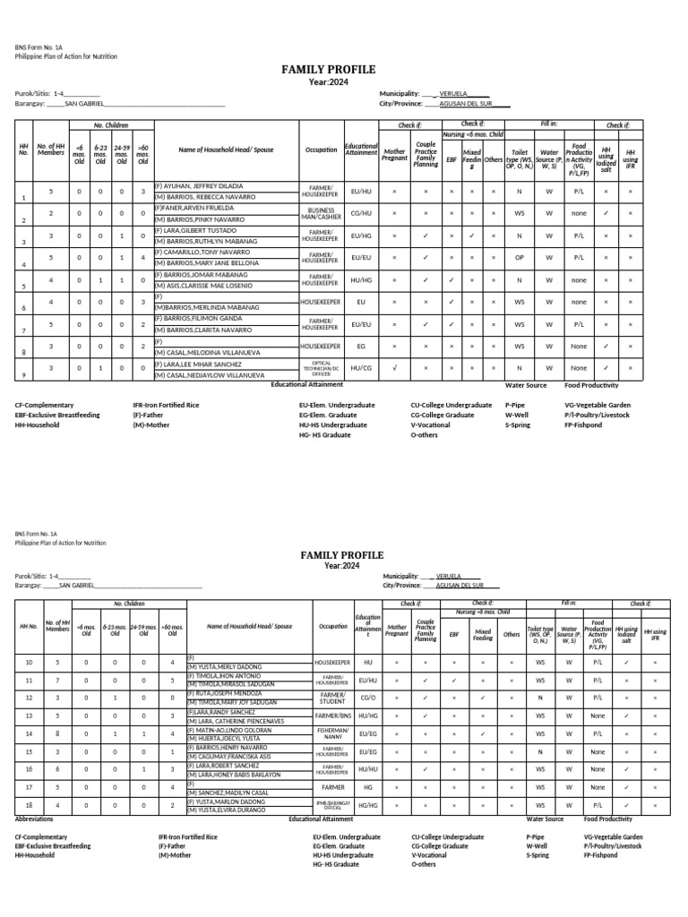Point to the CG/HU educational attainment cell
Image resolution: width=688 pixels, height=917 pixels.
coord(361,213)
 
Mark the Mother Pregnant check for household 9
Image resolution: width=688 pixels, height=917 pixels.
coord(394,367)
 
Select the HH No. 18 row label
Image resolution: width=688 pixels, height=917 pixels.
coord(28,805)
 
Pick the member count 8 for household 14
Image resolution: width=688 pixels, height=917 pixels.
coord(57,733)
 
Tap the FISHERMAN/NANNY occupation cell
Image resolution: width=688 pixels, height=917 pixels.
coord(331,733)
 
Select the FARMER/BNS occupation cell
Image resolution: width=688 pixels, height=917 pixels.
coord(331,716)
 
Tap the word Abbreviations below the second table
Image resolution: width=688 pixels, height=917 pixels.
coord(36,818)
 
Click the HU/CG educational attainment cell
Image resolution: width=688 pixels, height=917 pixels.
coord(361,367)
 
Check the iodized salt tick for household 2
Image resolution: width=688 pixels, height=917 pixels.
coord(606,213)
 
